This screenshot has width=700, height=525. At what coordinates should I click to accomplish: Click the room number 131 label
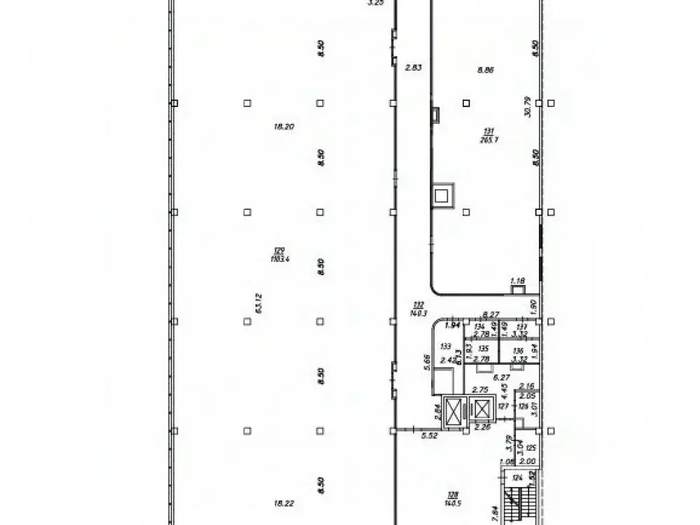click(489, 131)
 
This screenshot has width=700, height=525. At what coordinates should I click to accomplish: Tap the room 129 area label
click(281, 250)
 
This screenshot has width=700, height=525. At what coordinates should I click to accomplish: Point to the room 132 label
click(419, 304)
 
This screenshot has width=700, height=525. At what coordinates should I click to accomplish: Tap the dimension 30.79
click(529, 106)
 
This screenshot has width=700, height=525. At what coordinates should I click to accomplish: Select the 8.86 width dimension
click(485, 69)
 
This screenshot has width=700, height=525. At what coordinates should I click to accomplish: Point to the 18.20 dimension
click(283, 127)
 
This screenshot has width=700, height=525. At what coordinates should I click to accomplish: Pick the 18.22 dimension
click(283, 502)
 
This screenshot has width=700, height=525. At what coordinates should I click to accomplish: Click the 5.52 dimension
click(429, 435)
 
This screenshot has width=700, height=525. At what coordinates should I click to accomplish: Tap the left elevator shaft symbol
click(455, 410)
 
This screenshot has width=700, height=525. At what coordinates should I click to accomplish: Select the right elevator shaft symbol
click(484, 409)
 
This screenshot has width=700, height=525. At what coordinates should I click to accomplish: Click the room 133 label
click(445, 346)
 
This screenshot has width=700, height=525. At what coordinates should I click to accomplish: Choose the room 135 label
click(482, 346)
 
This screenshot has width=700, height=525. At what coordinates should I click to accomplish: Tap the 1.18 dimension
click(517, 281)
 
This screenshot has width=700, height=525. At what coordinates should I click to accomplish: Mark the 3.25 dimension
click(376, 3)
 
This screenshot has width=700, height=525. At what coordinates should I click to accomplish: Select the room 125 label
click(531, 447)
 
